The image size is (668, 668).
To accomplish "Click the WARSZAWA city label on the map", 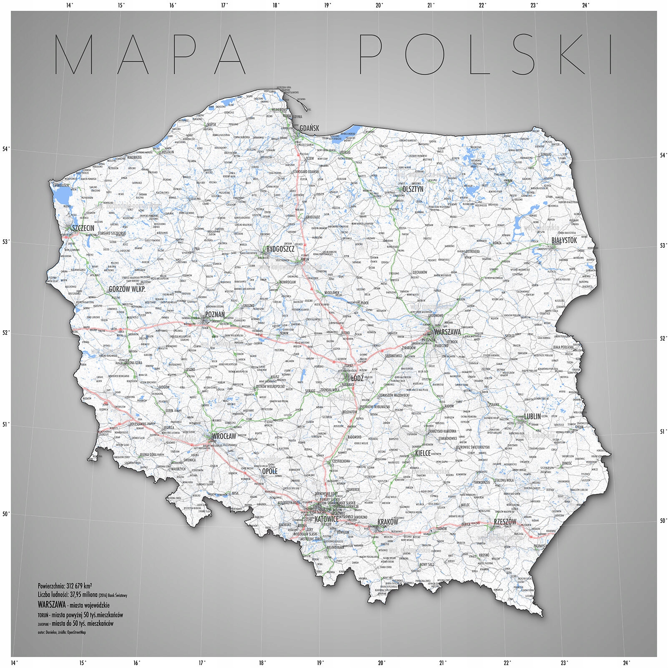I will point(447,332).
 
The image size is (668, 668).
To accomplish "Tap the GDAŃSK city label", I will point(309,128).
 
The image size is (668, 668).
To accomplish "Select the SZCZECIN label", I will point(83,228).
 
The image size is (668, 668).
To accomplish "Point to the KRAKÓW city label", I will point(388,522).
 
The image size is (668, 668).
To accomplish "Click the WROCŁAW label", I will point(224,436).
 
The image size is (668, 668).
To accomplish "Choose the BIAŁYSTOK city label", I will point(564,240).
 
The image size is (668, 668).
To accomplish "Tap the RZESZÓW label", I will point(505,522).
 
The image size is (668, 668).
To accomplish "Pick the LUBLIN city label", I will point(532,416).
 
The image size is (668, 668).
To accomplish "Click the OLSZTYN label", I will point(413,189).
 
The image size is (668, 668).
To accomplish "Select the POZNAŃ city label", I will point(215,314).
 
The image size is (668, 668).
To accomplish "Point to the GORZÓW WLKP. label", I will point(127,289).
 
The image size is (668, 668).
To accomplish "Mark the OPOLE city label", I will point(270,471).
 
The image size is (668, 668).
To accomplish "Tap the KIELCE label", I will point(423,453).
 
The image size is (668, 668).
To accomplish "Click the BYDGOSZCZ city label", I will point(280,249).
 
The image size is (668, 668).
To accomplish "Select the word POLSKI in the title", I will point(486,54).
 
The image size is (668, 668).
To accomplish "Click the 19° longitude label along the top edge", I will point(327,5).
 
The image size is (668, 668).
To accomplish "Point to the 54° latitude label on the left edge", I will point(6,149).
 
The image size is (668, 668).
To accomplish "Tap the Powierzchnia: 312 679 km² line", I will point(65,586).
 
